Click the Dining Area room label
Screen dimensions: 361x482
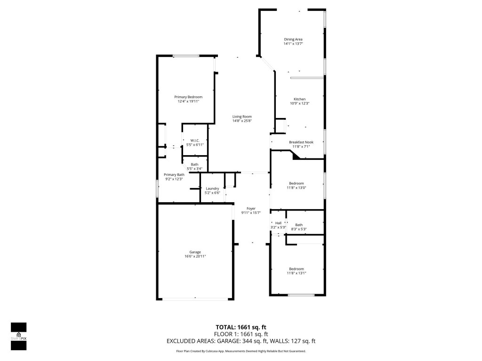(293, 39)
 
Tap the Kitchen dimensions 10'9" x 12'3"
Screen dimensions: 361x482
(299, 104)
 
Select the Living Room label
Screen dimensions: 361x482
(242, 117)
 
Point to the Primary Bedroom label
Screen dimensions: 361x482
(188, 97)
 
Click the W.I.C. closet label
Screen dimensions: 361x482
(195, 141)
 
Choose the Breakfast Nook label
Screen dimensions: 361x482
(301, 142)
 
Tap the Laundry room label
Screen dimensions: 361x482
(212, 188)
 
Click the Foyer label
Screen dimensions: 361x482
(251, 208)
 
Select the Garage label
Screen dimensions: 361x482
(195, 252)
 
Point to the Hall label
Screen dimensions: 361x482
(278, 223)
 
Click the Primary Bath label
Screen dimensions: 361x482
(174, 174)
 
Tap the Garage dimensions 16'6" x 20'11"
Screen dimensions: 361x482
(195, 256)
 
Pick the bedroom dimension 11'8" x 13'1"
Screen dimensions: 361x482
(297, 273)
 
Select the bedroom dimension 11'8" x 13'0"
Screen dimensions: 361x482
(297, 188)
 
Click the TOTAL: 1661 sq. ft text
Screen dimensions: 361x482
(241, 327)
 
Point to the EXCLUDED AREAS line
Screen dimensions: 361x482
(241, 341)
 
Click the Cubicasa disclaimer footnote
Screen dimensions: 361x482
(241, 351)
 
